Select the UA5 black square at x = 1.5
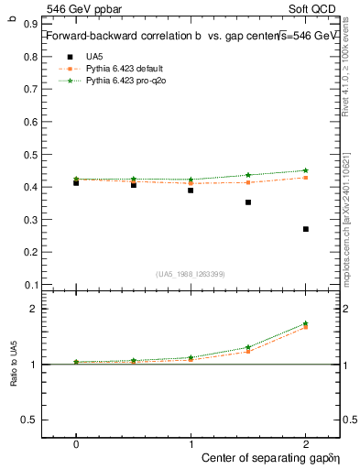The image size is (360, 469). pos(248,202)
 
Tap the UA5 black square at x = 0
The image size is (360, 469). pos(76,182)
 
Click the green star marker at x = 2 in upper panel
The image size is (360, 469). pos(306,170)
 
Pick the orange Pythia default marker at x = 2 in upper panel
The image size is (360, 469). pos(306,178)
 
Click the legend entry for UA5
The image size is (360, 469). pos(93,56)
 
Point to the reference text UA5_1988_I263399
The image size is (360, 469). pos(191,273)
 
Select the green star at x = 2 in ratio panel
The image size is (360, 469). pos(306,323)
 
